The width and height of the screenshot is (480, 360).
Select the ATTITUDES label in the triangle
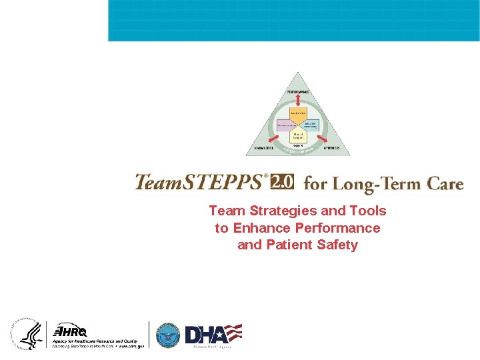(331, 147)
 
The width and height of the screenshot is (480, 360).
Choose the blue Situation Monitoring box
(311, 125)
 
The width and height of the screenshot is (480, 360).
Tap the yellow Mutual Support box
(298, 137)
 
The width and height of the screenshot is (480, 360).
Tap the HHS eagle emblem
(27, 334)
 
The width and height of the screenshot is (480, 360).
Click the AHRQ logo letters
(71, 331)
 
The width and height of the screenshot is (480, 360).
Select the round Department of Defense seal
(168, 335)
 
